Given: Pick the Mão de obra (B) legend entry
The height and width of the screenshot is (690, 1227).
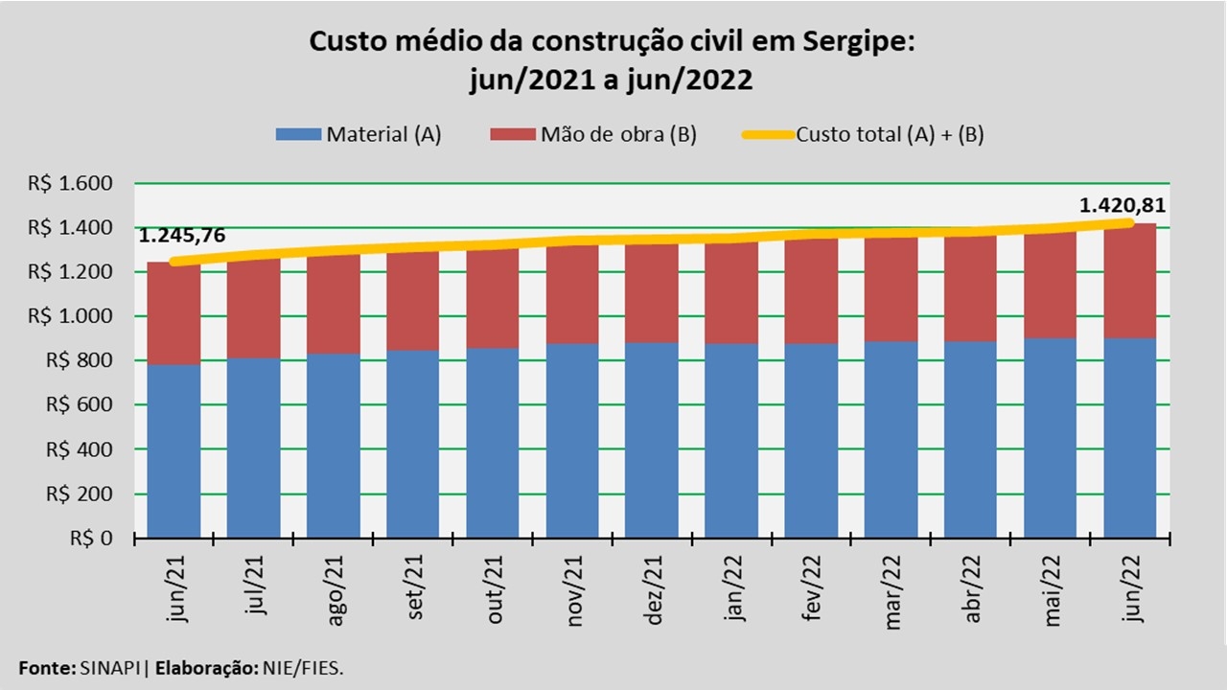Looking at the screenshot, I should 592,134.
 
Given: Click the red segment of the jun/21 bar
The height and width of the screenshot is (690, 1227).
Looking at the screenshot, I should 174,313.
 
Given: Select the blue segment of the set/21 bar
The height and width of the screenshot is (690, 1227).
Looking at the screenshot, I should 413,443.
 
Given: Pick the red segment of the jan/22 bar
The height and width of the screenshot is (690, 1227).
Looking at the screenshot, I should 731,293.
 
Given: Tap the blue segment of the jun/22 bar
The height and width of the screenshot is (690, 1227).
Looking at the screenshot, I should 1130,437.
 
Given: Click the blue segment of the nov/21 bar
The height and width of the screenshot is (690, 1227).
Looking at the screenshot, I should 572,440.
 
